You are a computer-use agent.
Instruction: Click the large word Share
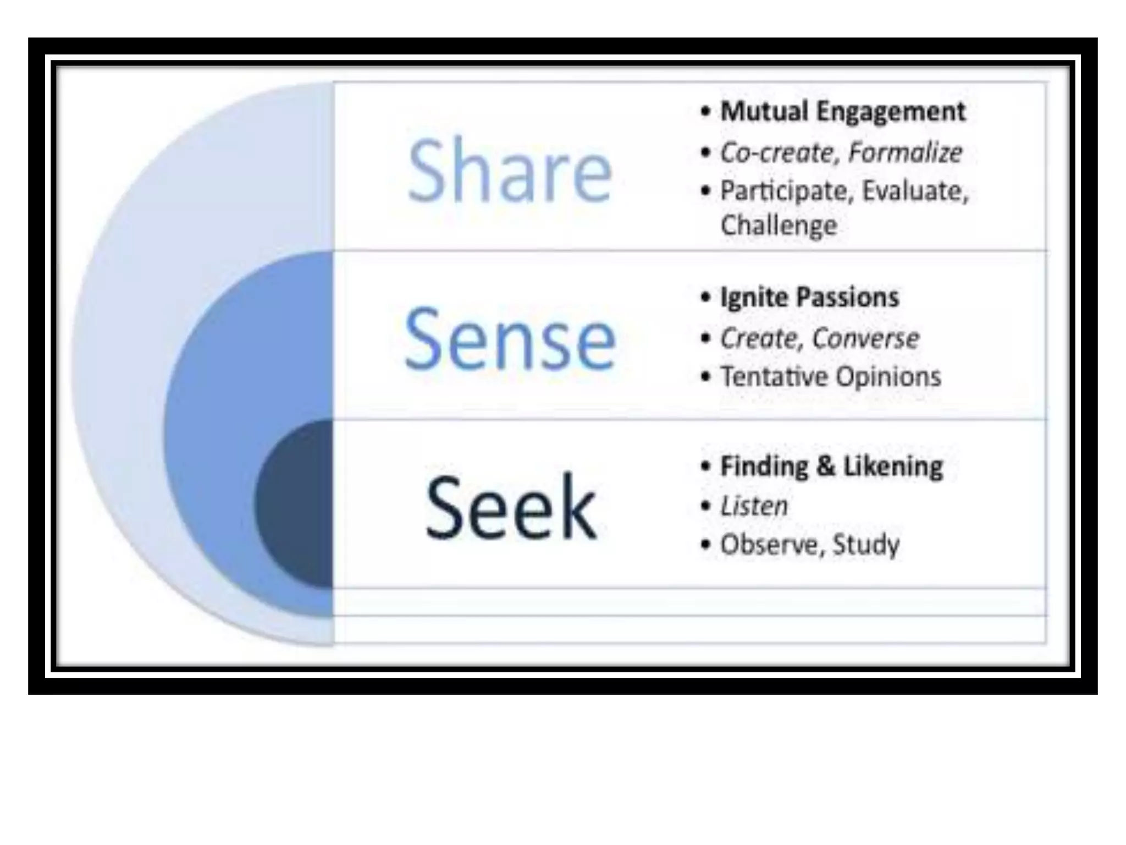coord(509,171)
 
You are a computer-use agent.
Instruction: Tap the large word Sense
coord(510,339)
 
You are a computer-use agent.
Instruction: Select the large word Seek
coord(511,507)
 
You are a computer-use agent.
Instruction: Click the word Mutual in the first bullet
coord(764,112)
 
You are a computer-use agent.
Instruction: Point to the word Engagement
coord(890,112)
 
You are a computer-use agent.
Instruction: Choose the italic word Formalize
coord(905,152)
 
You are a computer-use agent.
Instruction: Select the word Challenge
coord(779,225)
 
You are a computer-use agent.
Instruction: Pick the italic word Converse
coord(865,338)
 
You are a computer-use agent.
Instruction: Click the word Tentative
coord(775,377)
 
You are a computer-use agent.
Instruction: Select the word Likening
coord(893,467)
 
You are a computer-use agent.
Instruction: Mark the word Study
coord(866,545)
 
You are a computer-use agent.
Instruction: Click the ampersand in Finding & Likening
coord(825,467)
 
